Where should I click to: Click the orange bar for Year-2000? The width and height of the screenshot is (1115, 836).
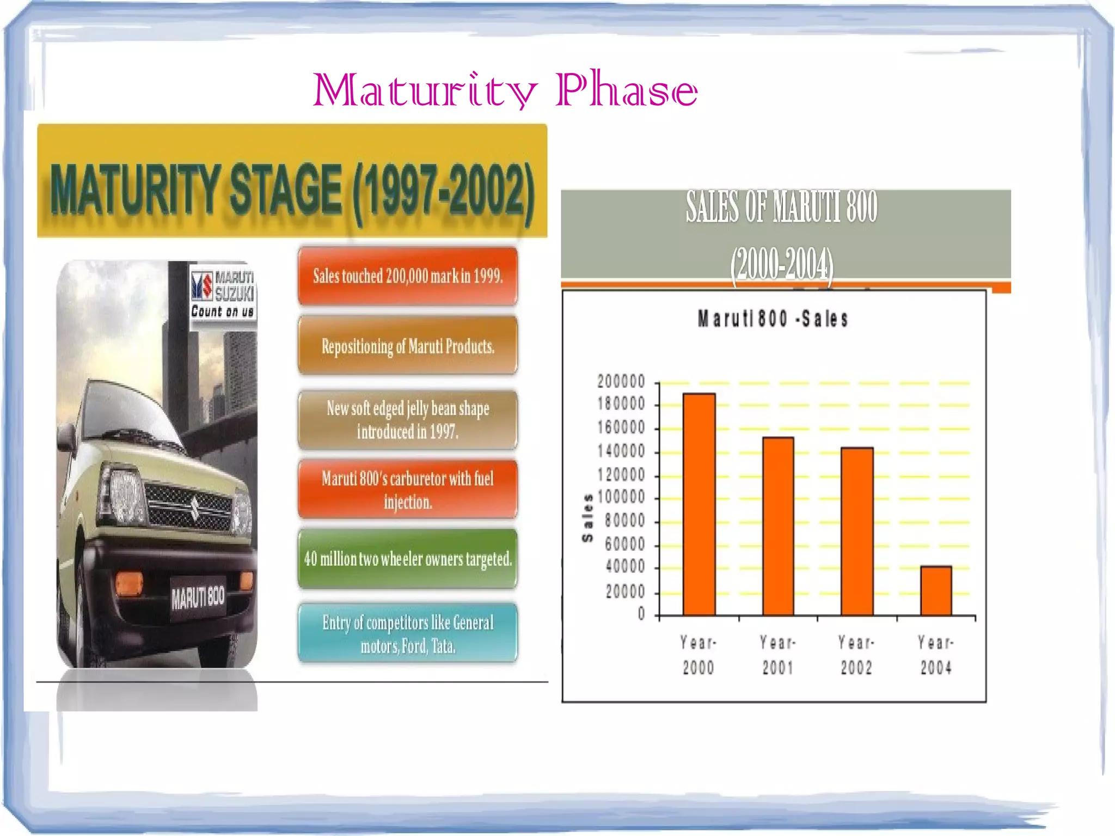[x=699, y=504]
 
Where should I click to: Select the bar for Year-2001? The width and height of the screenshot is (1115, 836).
[x=778, y=526]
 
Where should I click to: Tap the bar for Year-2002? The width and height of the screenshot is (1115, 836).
[x=857, y=532]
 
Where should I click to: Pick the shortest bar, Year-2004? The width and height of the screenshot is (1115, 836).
[x=936, y=591]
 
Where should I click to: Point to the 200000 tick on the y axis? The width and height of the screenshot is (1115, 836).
[x=621, y=382]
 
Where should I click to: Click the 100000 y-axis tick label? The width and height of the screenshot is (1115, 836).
[x=621, y=497]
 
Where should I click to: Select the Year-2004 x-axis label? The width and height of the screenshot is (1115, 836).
[x=936, y=655]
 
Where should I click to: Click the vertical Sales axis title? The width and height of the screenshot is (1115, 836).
[x=587, y=518]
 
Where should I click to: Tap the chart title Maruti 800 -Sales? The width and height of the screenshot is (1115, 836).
[x=773, y=319]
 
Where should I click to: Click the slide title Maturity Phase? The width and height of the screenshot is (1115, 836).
[x=505, y=90]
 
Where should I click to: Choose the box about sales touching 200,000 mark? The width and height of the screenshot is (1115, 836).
[x=407, y=276]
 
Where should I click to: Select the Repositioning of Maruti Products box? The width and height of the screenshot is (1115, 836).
[x=407, y=346]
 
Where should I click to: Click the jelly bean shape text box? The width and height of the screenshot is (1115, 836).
[x=407, y=420]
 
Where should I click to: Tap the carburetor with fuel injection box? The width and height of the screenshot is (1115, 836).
[x=407, y=490]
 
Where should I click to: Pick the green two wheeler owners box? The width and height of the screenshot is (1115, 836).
[x=407, y=559]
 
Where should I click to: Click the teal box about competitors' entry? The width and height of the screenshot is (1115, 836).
[x=407, y=633]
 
